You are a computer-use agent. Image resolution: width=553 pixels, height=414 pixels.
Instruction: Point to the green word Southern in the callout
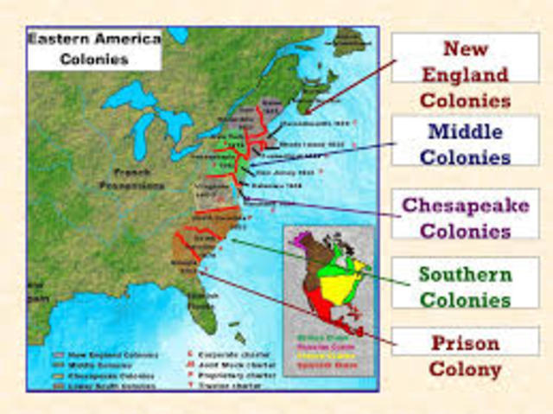[x=464, y=275]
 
